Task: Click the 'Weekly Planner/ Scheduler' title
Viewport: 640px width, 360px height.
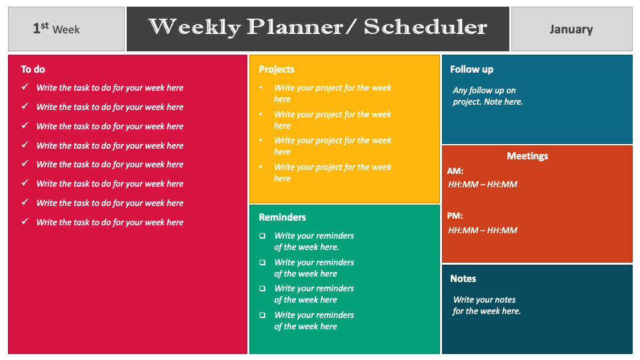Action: coord(317,27)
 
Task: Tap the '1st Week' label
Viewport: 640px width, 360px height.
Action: coord(57,29)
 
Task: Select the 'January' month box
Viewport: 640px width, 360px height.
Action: coord(571,29)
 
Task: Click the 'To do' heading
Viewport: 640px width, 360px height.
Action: coord(33,69)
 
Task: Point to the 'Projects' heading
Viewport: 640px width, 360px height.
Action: coord(276,69)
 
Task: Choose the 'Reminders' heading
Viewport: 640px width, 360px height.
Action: coord(282,217)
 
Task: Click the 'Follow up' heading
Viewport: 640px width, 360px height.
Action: coord(471,69)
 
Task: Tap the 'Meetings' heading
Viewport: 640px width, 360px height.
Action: coord(527,156)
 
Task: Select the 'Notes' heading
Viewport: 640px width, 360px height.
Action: coord(463,279)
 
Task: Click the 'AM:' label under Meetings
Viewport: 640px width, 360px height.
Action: coord(455,171)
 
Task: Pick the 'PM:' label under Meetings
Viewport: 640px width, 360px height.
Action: coord(455,216)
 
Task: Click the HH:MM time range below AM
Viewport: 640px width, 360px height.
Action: coord(483,185)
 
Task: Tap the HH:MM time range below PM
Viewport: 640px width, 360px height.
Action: coord(483,231)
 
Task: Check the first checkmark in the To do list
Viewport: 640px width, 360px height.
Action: coord(25,87)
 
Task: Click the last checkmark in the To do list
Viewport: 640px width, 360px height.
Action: coord(25,221)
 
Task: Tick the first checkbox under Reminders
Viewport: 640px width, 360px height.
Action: coord(262,235)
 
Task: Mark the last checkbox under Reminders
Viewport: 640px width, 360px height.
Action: coord(262,315)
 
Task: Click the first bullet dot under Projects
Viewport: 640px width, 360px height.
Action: coord(260,87)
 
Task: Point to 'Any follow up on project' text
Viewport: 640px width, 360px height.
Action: coord(487,96)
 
